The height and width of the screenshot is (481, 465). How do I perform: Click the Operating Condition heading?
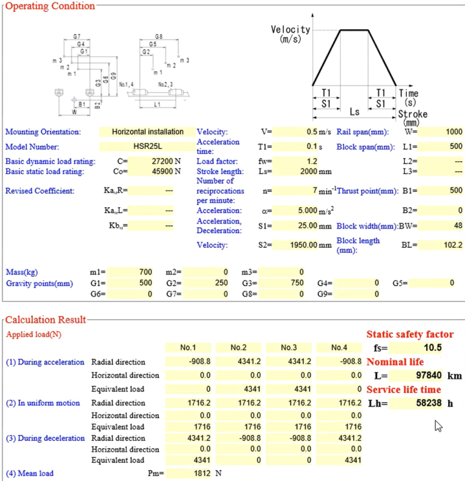(x=50, y=6)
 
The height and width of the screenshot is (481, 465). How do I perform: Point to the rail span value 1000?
(x=441, y=131)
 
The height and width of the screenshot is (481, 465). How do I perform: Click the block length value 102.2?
(x=441, y=245)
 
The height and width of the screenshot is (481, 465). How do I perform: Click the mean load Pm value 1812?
(x=189, y=473)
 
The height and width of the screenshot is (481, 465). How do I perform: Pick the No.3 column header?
(x=289, y=348)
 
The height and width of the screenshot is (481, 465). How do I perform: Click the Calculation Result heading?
(x=46, y=319)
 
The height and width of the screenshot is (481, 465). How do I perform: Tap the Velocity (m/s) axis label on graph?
(x=291, y=34)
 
